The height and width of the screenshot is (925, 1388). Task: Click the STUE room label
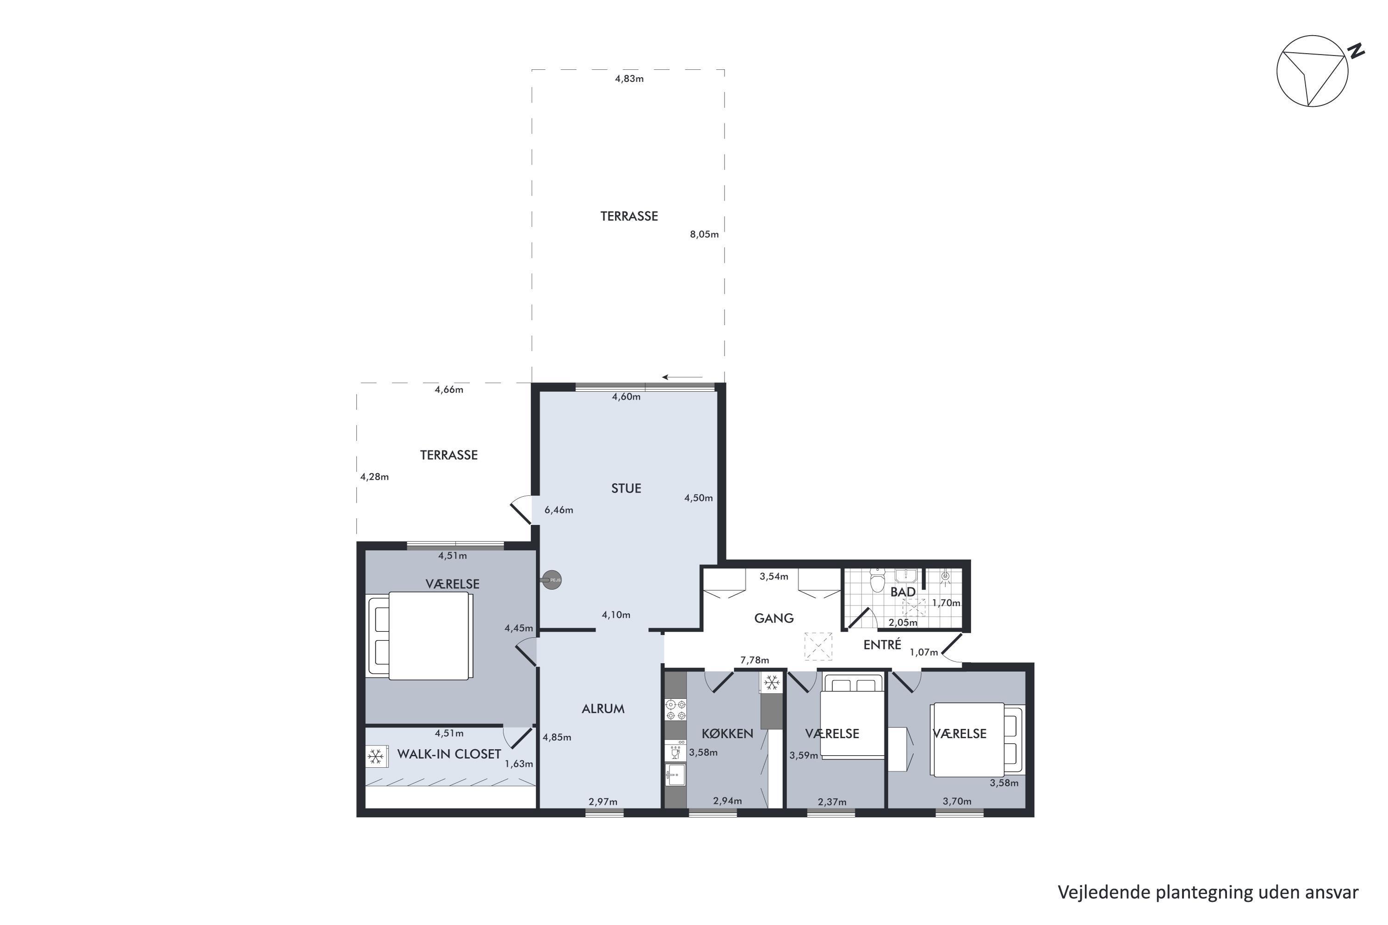[x=626, y=488]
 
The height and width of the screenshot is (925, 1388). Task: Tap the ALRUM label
[x=602, y=709]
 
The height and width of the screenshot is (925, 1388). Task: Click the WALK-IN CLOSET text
[x=449, y=754]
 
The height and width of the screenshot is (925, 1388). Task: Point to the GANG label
[x=774, y=618]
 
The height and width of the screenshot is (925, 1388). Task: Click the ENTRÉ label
[x=882, y=645]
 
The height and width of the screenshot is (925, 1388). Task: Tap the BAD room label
[x=903, y=592]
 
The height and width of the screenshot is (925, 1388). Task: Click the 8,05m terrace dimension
[x=704, y=234]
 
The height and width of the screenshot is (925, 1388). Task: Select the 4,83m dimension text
[x=629, y=79]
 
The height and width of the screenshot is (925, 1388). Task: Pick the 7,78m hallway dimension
[x=755, y=660]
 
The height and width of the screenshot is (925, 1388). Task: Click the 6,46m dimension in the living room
[x=558, y=510]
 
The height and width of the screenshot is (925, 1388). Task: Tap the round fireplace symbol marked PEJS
[x=552, y=580]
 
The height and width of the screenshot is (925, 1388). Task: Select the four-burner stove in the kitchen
[x=675, y=709]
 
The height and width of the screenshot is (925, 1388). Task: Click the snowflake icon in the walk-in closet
[x=375, y=756]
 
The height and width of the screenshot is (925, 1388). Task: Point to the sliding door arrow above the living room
[x=682, y=377]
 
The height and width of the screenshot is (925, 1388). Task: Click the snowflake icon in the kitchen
[x=771, y=683]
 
